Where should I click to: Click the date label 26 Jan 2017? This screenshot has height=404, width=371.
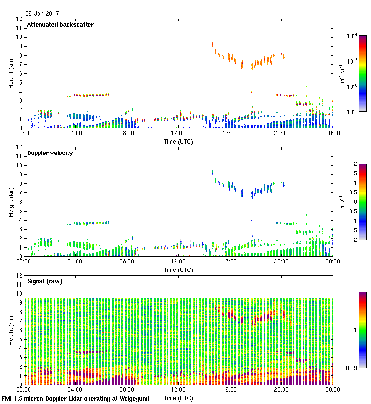point(42,14)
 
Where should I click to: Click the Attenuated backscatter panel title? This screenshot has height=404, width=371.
point(60,24)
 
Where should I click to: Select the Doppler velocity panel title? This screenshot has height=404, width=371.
point(50,153)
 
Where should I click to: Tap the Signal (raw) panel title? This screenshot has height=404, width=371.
point(45,281)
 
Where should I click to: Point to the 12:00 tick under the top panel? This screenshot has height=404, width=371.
point(178,133)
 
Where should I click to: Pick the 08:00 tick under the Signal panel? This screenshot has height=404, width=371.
point(127,389)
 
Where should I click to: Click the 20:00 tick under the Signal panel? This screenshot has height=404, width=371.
point(281,389)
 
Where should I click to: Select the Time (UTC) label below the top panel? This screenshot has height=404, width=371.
point(178,141)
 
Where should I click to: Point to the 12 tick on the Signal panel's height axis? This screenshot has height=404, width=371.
point(19,276)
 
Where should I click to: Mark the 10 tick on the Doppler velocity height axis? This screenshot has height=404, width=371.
point(19,165)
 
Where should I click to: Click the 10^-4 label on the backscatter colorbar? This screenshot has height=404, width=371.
point(352,36)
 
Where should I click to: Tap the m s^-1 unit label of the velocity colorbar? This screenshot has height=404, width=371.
point(342,202)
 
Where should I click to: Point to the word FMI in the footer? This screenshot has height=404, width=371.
point(8,399)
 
